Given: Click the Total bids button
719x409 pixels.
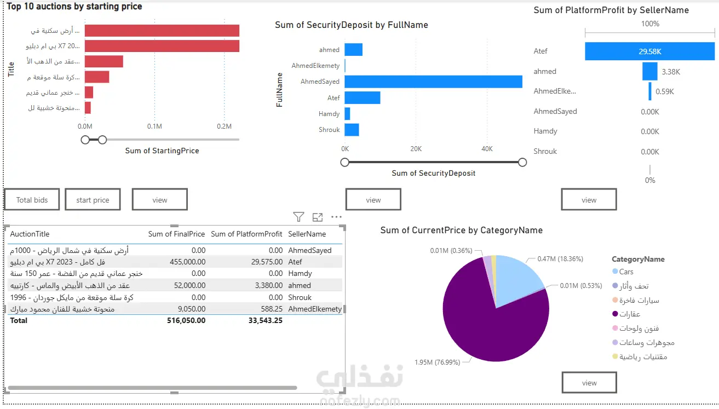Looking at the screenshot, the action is tap(32, 200).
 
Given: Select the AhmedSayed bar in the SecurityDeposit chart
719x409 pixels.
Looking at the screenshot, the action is tap(433, 82).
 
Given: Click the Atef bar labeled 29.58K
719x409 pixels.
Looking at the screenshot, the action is tap(649, 51).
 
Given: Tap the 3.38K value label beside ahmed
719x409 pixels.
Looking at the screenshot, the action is tap(671, 72).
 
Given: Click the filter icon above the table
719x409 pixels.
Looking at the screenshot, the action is tap(298, 217).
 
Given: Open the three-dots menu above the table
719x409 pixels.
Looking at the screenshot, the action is tap(336, 217).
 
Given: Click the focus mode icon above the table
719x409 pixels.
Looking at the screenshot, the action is tap(318, 217).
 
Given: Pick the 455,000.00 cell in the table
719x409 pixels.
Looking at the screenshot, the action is tap(187, 262).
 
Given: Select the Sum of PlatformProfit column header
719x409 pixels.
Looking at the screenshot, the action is tap(246, 234).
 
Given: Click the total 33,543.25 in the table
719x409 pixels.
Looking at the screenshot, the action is tap(266, 320).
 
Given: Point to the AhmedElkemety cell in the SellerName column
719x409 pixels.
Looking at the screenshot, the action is tap(315, 309).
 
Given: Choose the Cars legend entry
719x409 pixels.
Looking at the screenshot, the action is tap(623, 272).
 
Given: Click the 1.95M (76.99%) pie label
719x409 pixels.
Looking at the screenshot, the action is tap(437, 362).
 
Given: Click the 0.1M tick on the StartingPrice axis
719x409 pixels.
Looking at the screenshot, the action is tap(154, 126).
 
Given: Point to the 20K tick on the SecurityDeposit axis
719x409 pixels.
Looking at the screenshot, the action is tap(416, 148).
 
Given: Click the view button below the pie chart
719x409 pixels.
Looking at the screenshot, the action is tap(589, 383).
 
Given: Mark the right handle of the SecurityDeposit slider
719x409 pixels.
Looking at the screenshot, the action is tap(522, 163).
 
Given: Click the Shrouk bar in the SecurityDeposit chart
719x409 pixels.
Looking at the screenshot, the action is tap(352, 130).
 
